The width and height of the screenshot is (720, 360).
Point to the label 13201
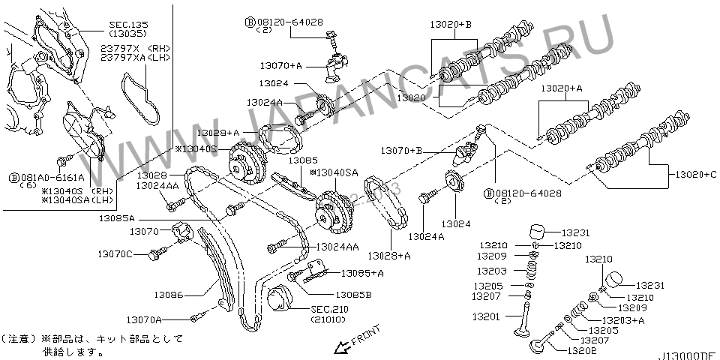coord(485,316)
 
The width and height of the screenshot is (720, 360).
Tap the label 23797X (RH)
coord(136,46)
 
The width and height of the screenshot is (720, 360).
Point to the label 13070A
coord(144,319)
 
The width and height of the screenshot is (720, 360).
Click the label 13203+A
coord(627,320)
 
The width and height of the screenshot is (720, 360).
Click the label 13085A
coord(116,218)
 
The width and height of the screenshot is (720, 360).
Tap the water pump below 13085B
coord(280,301)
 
